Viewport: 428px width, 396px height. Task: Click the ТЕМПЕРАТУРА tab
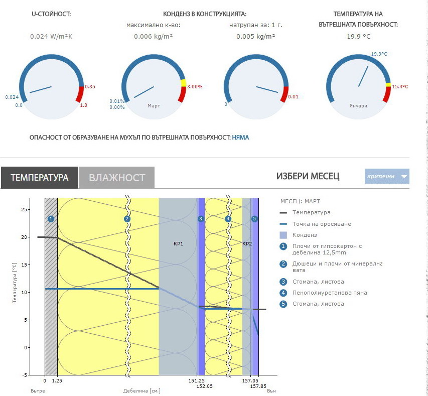[x=39, y=178]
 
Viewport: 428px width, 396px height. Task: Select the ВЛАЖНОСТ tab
[x=117, y=178]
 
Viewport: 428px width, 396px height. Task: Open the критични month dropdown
[x=387, y=176]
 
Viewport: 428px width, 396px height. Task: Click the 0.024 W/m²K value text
[x=51, y=36]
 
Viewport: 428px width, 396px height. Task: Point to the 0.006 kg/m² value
[x=153, y=36]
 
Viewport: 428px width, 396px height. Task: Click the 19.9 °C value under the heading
[x=358, y=36]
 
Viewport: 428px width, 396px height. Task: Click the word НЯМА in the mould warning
[x=240, y=137]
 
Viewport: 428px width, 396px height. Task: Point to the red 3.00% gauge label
[x=194, y=87]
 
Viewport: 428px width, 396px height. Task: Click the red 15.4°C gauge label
[x=400, y=87]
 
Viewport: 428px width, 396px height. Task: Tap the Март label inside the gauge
[x=154, y=106]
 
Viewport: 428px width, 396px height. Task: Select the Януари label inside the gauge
[x=358, y=106]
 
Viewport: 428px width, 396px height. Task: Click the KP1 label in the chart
[x=178, y=243]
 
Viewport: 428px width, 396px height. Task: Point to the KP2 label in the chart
[x=247, y=243]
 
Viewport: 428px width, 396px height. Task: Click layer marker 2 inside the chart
[x=127, y=219]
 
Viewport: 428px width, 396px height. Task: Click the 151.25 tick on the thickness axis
[x=199, y=381]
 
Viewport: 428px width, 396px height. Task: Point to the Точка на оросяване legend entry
[x=321, y=224]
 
